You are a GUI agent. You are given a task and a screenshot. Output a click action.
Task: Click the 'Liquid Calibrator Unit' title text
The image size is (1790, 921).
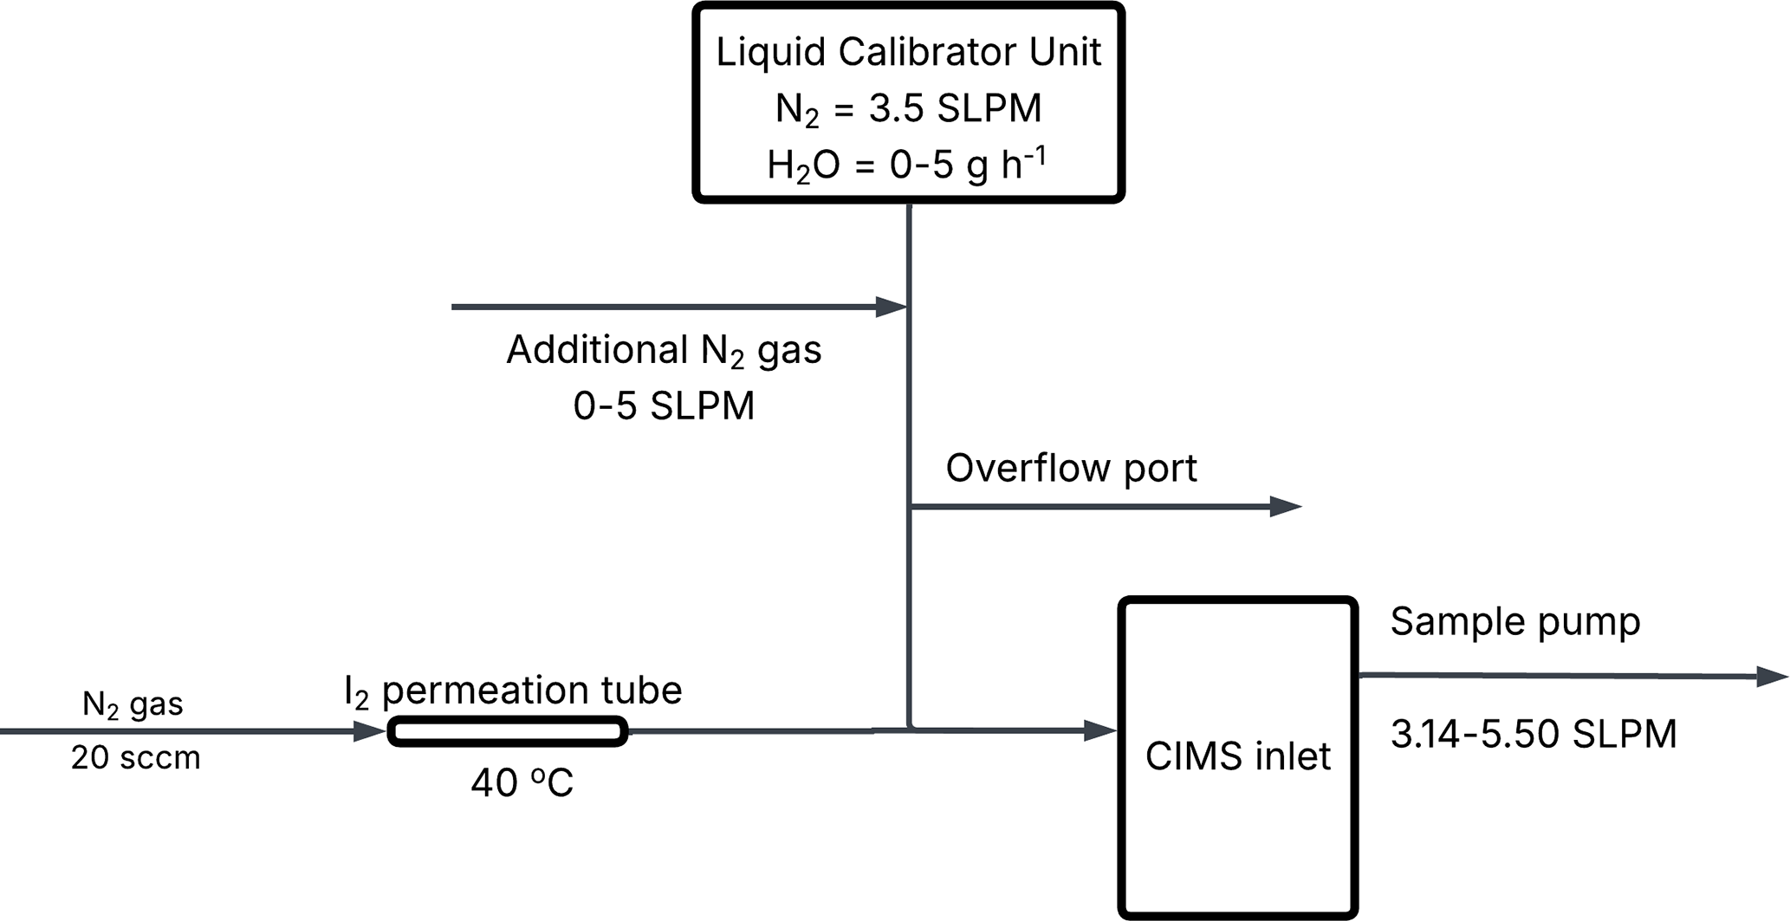click(908, 52)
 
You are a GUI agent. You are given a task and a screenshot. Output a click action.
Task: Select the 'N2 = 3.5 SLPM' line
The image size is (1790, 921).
click(908, 109)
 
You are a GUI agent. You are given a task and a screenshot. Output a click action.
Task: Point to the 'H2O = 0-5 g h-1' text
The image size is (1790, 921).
click(906, 164)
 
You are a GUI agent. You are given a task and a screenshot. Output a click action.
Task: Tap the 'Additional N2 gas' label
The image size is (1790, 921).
click(664, 350)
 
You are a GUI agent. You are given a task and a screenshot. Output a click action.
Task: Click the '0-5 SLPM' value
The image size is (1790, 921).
click(664, 405)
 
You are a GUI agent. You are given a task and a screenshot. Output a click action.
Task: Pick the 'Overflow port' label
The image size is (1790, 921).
click(1071, 469)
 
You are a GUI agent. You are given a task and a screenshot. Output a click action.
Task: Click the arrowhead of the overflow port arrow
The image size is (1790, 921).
click(1286, 507)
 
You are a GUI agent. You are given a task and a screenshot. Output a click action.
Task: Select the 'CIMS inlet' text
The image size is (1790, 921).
click(1237, 756)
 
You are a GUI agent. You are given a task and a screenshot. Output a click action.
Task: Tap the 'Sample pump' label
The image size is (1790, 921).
click(1515, 621)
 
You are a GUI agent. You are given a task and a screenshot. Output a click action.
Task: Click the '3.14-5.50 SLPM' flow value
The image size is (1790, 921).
click(1534, 734)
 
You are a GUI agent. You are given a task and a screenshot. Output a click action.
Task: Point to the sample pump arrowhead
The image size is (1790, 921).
click(1773, 677)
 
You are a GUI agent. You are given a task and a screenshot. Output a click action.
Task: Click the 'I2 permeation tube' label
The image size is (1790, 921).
click(513, 691)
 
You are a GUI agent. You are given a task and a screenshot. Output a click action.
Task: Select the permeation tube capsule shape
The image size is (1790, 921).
click(508, 731)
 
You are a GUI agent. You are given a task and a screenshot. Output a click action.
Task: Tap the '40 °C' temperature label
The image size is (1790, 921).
click(522, 783)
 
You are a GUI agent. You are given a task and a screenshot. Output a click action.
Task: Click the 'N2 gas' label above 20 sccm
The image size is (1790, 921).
click(133, 704)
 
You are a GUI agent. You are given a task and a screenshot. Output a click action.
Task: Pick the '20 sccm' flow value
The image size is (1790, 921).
click(135, 758)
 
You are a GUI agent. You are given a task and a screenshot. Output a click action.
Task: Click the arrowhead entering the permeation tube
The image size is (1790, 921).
click(370, 732)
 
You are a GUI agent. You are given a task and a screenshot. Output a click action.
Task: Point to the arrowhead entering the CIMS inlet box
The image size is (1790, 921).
click(1100, 730)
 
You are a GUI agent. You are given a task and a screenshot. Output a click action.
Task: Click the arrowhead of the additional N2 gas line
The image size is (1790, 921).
click(891, 307)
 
